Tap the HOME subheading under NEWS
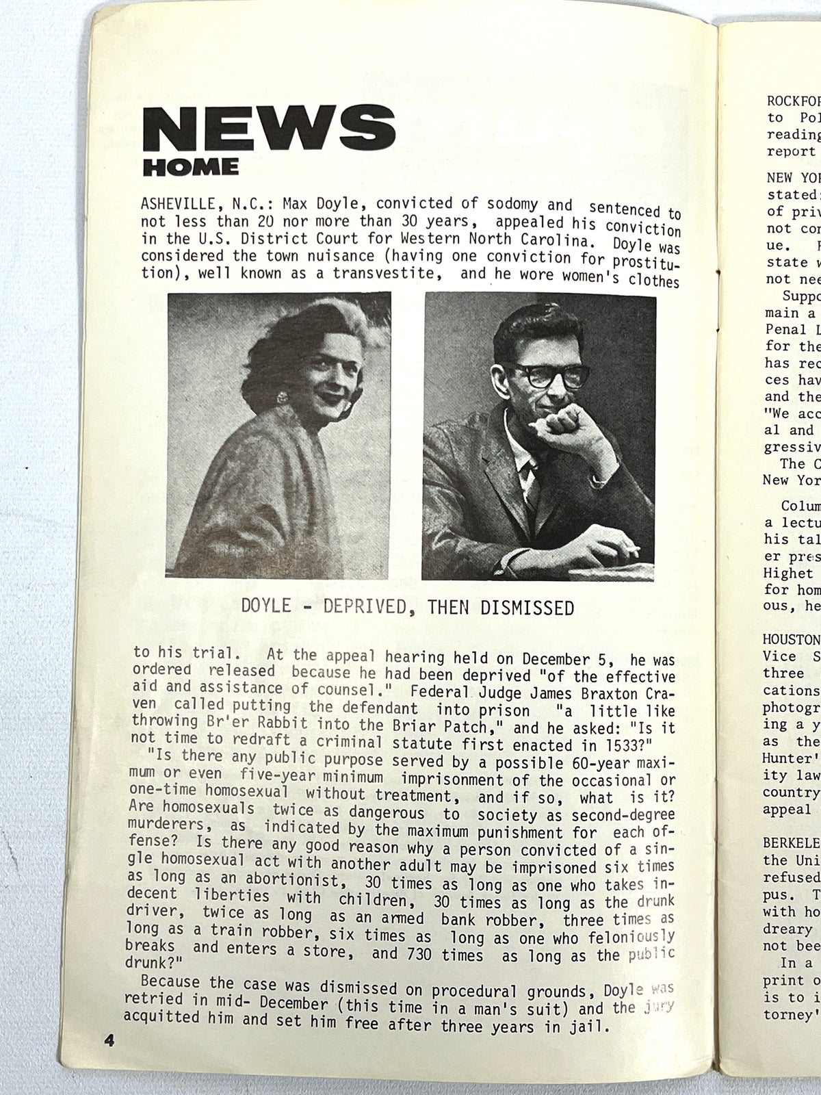pos(191,166)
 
